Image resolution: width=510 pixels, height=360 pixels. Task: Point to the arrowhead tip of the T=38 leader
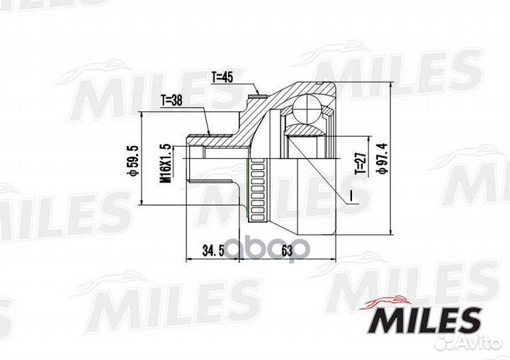(x=210, y=132)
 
